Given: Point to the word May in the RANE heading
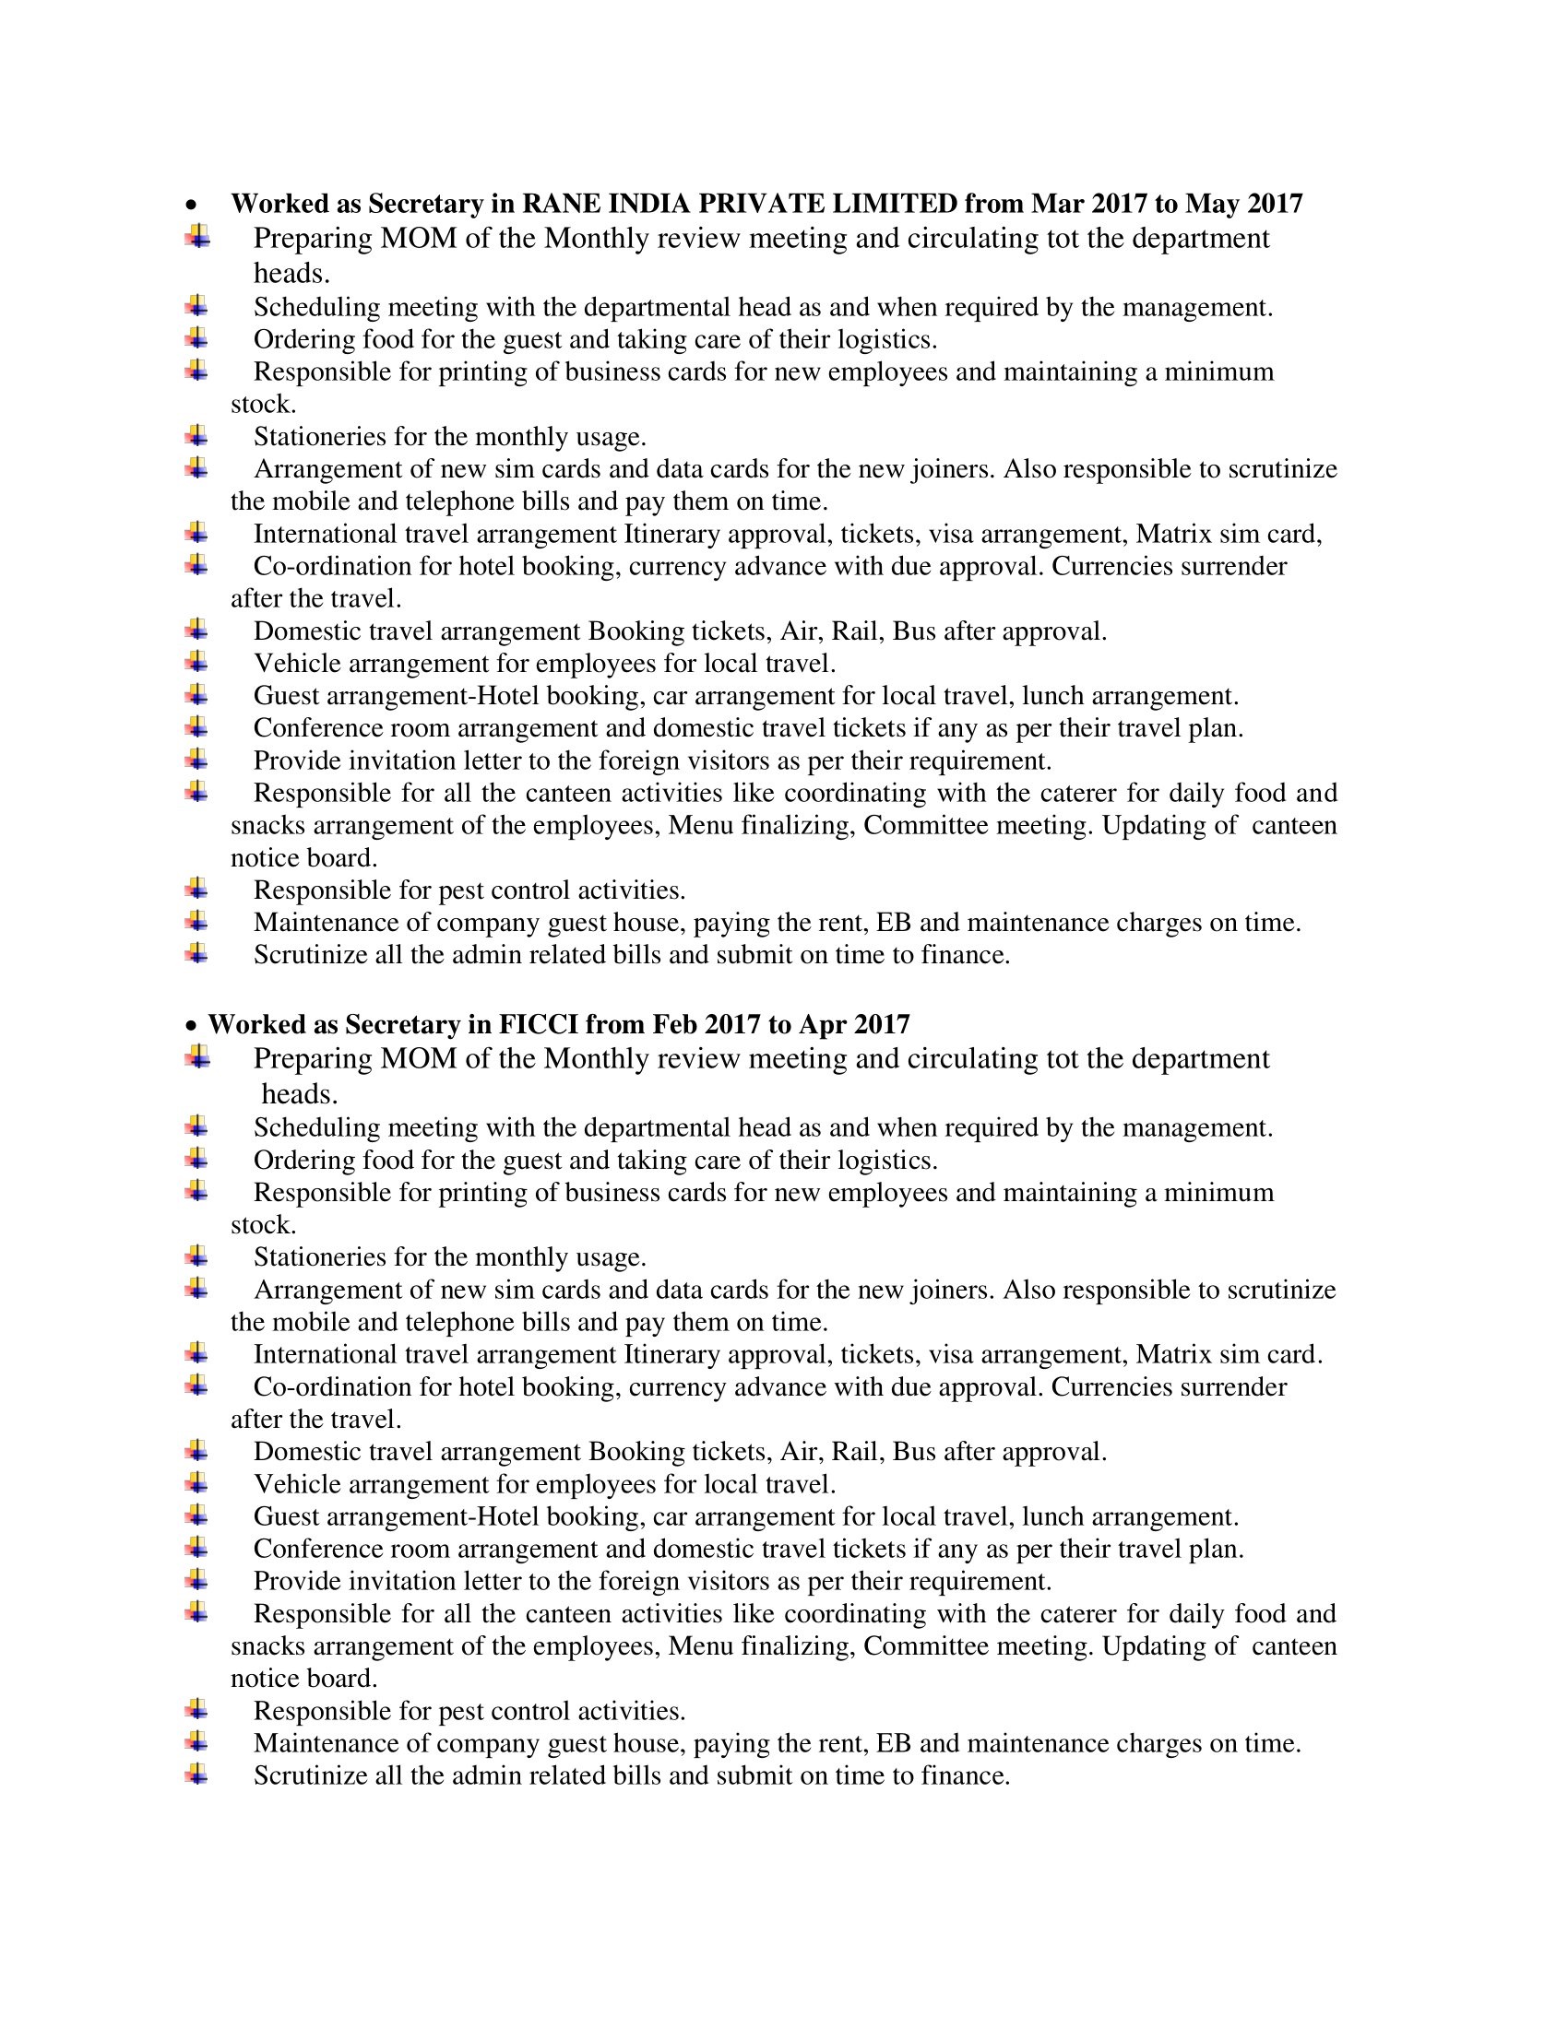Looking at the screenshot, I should click(1213, 204).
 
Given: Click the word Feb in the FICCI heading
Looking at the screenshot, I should click(674, 1024).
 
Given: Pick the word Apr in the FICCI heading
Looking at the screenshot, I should click(822, 1024).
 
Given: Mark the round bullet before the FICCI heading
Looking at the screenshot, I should click(191, 1026).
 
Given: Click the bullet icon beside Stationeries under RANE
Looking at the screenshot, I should click(196, 434).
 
